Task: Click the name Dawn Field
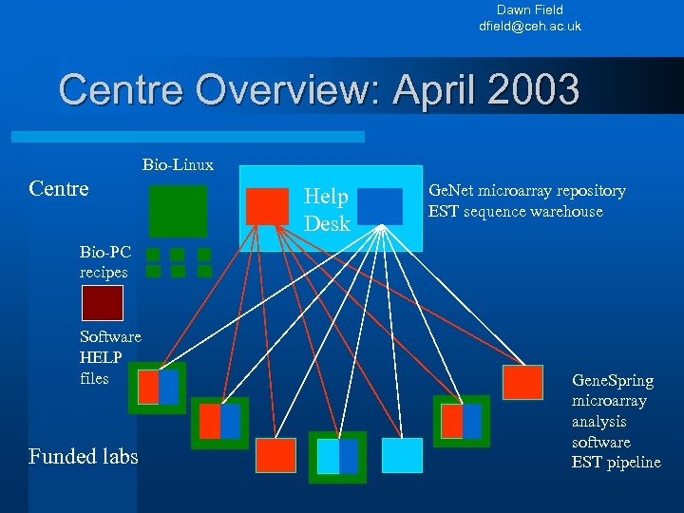click(529, 9)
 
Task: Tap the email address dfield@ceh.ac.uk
click(529, 26)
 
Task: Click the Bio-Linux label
click(178, 165)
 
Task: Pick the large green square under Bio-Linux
click(178, 210)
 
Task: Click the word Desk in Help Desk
click(327, 224)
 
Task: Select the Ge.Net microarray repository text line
click(527, 191)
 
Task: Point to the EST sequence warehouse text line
click(515, 211)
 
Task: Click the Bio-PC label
click(101, 253)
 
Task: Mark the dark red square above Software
click(102, 303)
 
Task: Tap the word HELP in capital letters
click(101, 357)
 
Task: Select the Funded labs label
click(84, 457)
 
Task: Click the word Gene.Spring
click(613, 380)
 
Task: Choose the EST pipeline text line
click(616, 463)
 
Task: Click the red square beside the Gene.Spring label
click(522, 382)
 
